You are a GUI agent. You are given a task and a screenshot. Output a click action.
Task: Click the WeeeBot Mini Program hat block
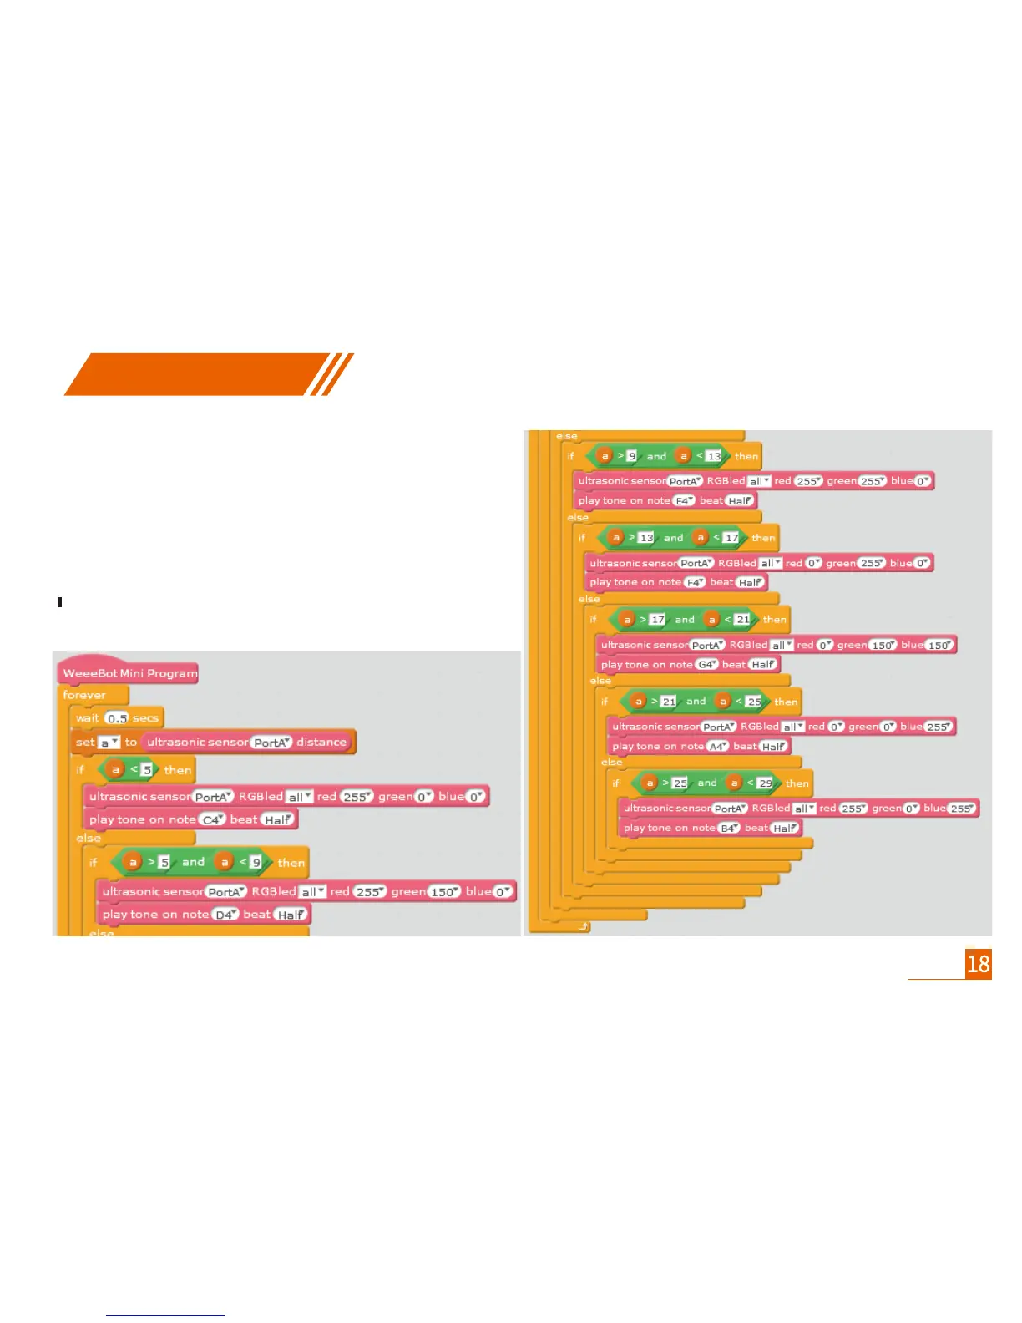129,673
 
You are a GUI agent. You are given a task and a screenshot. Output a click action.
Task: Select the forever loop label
84,695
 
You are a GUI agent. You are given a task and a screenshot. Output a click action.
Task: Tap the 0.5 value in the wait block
117,718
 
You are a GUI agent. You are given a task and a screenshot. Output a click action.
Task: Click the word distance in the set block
321,742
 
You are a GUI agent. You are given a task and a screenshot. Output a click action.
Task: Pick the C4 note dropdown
212,820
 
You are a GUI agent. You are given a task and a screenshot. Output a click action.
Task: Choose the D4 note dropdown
225,915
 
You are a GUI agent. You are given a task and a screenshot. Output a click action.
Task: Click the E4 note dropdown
684,501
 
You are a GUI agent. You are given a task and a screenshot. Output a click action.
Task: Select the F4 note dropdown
695,583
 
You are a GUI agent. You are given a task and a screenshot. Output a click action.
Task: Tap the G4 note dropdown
706,665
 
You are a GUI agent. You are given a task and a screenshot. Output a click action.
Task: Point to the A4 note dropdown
717,747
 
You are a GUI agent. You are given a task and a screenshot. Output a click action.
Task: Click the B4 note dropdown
729,828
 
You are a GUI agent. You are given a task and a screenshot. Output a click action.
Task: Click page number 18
978,964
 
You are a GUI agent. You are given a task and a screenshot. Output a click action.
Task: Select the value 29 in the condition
765,783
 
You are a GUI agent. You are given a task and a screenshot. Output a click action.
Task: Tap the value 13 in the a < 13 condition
713,456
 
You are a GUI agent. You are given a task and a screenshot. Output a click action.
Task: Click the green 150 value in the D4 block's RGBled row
444,892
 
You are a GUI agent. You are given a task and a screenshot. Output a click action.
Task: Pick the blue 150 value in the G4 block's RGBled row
939,645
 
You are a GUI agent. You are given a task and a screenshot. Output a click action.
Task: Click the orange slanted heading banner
200,374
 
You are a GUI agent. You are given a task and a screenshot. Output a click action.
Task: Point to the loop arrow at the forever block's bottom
582,926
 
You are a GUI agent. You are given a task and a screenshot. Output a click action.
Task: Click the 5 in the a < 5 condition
146,769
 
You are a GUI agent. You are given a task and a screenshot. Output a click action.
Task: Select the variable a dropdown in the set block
109,743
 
